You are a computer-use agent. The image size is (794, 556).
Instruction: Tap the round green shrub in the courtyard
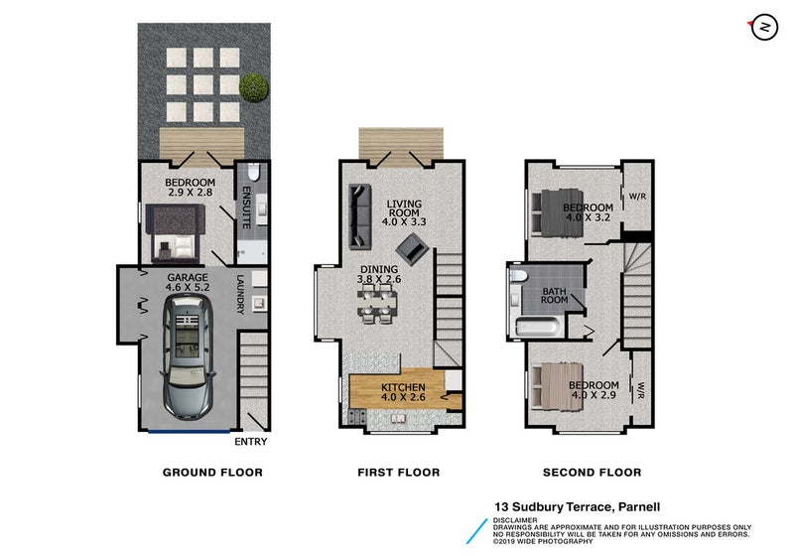253,87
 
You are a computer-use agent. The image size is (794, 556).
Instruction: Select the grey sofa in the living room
360,216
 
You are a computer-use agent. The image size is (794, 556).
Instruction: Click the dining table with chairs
377,304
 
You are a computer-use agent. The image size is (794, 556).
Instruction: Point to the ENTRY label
251,442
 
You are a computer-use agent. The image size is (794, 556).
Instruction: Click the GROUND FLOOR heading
212,473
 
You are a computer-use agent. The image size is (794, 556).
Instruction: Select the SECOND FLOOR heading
592,473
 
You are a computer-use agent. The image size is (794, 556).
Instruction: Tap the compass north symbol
763,28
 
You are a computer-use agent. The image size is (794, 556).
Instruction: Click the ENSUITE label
246,208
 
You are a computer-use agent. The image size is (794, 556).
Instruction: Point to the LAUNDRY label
240,294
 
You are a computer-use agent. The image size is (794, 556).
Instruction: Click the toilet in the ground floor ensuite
253,172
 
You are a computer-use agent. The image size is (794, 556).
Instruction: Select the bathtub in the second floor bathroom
537,327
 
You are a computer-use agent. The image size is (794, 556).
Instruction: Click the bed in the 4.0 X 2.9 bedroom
556,385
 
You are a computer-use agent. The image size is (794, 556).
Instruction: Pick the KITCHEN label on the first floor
403,387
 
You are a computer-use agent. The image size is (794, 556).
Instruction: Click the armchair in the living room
413,248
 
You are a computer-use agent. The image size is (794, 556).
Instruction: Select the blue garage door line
189,432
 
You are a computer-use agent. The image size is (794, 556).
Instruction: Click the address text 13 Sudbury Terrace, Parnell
578,507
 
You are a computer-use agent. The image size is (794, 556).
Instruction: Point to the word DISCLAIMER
515,520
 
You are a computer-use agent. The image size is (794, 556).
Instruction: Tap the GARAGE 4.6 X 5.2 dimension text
188,282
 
